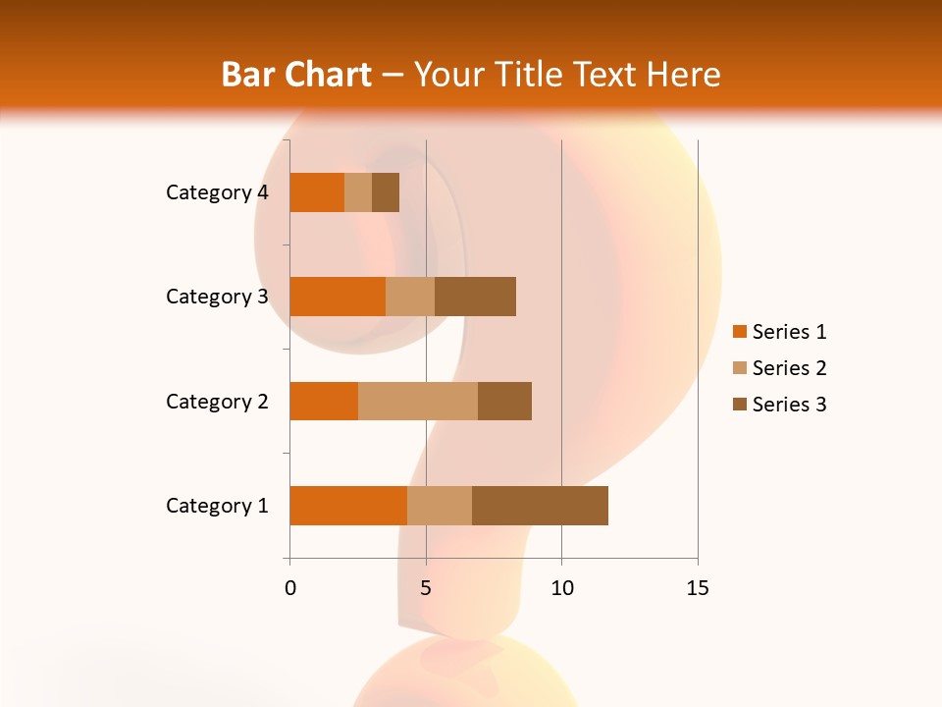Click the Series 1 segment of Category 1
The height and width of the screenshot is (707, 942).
(348, 506)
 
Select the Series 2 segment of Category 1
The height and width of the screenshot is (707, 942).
(440, 506)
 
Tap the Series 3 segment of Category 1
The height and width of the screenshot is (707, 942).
(540, 506)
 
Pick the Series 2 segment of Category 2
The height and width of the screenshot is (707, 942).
(418, 401)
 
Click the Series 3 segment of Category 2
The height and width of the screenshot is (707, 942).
(504, 401)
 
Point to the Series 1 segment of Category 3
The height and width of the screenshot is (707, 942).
(338, 297)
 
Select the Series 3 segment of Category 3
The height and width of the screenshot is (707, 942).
(475, 297)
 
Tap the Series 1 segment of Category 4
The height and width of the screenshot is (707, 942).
(317, 192)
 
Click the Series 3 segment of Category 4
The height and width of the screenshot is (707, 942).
(386, 192)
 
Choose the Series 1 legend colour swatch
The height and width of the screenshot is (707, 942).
(739, 332)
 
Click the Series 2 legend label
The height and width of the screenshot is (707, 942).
(789, 368)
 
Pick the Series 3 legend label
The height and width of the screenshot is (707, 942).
(789, 405)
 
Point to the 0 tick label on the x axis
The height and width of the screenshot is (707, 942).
(290, 588)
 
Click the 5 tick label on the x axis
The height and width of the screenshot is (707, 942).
(426, 588)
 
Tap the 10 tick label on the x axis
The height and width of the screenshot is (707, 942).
(561, 588)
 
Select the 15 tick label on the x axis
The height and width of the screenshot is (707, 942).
(697, 588)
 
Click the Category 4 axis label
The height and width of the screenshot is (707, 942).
(217, 192)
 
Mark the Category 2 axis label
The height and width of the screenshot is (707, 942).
(217, 401)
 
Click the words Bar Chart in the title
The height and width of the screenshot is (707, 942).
(296, 74)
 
